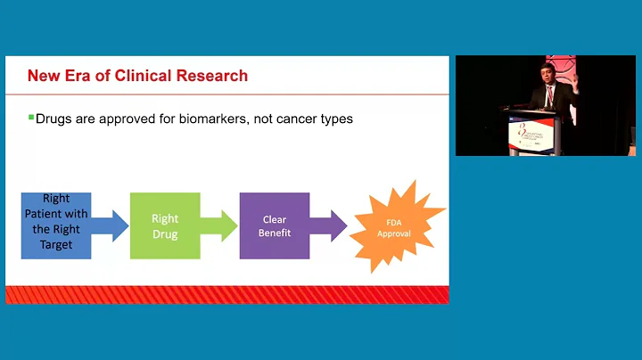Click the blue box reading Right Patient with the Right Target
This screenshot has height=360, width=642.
click(55, 225)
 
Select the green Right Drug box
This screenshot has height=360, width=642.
click(165, 225)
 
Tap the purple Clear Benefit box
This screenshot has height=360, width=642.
click(274, 225)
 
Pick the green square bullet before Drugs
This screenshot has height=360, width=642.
click(30, 118)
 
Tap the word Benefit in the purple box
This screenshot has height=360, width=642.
click(274, 233)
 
